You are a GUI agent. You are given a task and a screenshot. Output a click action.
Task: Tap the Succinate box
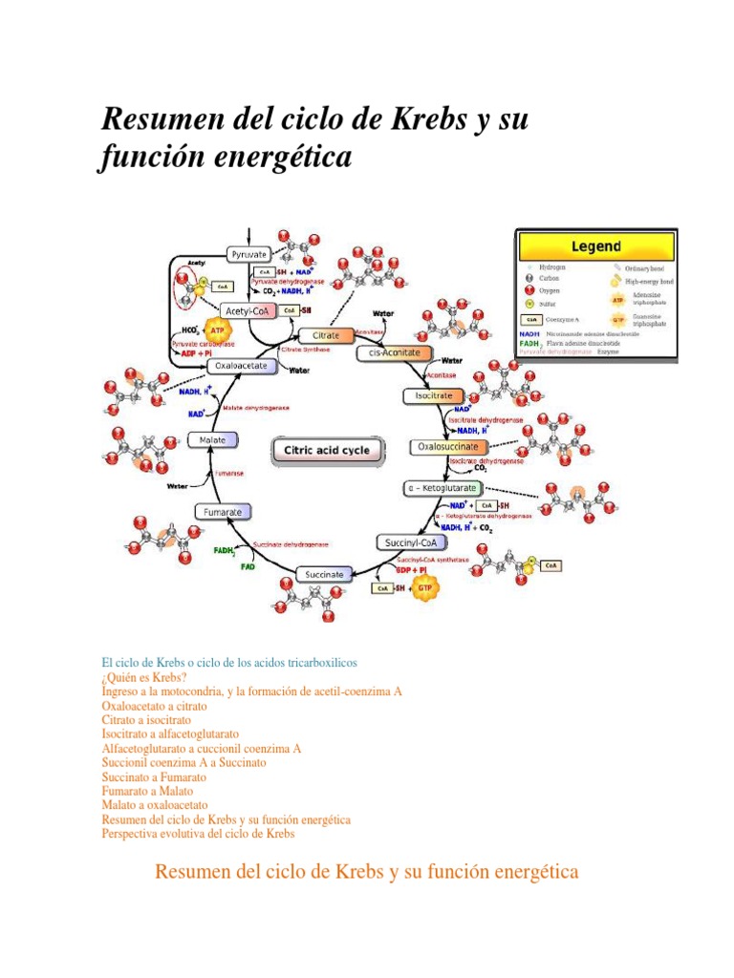pyautogui.click(x=324, y=574)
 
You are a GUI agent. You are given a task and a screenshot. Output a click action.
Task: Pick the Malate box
pyautogui.click(x=212, y=439)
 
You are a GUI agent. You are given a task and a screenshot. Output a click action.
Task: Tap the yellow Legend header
pyautogui.click(x=596, y=245)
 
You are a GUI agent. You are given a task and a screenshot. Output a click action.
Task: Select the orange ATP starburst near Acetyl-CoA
pyautogui.click(x=217, y=326)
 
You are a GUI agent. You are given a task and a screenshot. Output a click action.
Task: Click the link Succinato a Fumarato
pyautogui.click(x=153, y=777)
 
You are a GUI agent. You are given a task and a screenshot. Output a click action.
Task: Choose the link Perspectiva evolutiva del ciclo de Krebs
pyautogui.click(x=198, y=834)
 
